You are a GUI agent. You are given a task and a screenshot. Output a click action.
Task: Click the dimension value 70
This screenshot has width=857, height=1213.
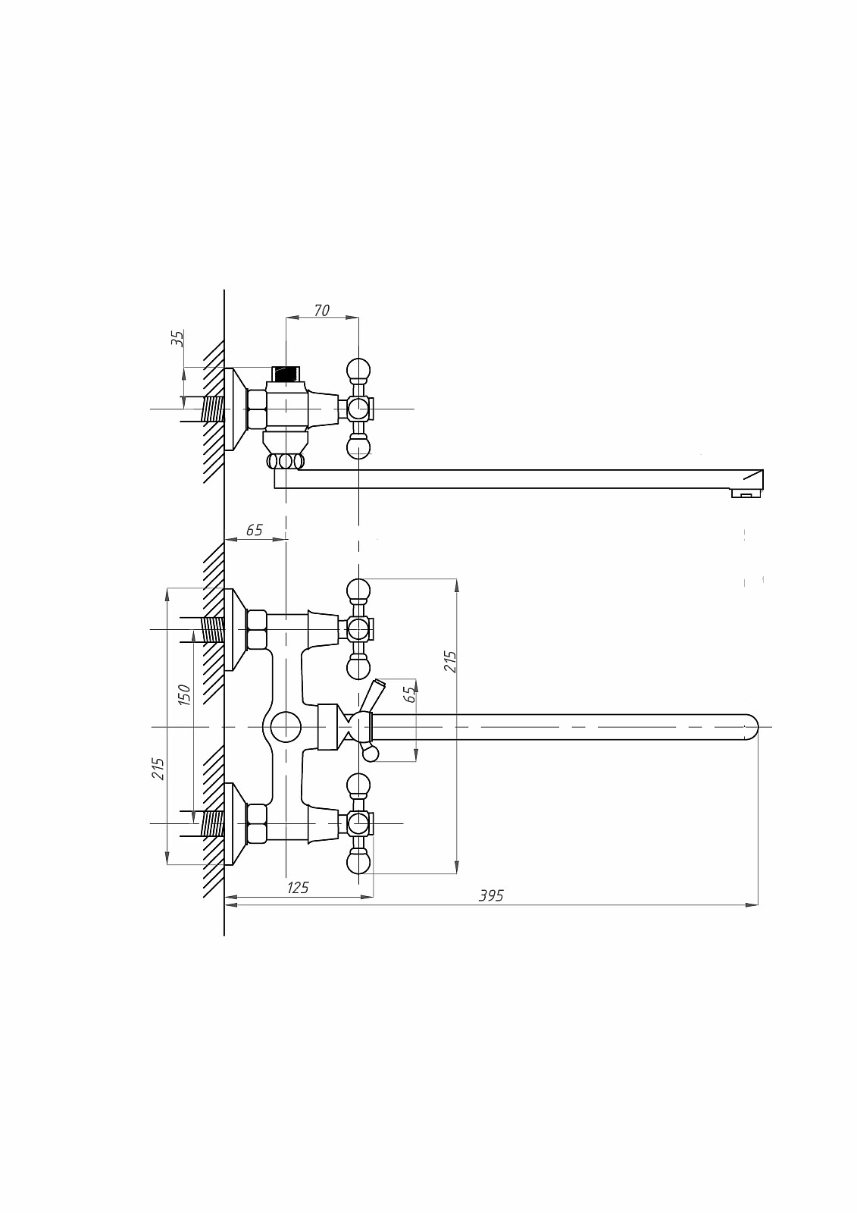click(321, 310)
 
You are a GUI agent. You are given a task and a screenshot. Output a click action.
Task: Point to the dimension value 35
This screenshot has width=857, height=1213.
click(178, 338)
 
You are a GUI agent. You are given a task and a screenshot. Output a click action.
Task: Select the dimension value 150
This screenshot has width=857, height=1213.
click(184, 694)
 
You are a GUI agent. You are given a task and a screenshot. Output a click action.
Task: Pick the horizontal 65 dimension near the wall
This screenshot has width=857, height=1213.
click(254, 530)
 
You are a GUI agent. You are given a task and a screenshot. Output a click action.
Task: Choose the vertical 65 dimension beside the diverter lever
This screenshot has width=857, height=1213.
click(411, 694)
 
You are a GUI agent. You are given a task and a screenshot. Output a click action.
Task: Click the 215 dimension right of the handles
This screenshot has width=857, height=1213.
click(450, 662)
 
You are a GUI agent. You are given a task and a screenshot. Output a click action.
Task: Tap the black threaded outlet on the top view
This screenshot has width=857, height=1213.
click(286, 374)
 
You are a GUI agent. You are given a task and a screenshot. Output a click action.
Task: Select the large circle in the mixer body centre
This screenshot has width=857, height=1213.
click(286, 727)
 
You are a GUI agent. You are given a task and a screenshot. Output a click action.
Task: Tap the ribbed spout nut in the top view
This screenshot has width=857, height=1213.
click(286, 462)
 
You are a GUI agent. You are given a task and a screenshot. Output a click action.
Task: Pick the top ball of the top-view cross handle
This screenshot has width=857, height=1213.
click(358, 371)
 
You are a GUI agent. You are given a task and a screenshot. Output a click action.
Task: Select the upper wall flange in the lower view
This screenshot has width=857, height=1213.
click(236, 629)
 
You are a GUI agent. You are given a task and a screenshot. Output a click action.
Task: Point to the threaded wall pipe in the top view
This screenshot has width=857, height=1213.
click(213, 409)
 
